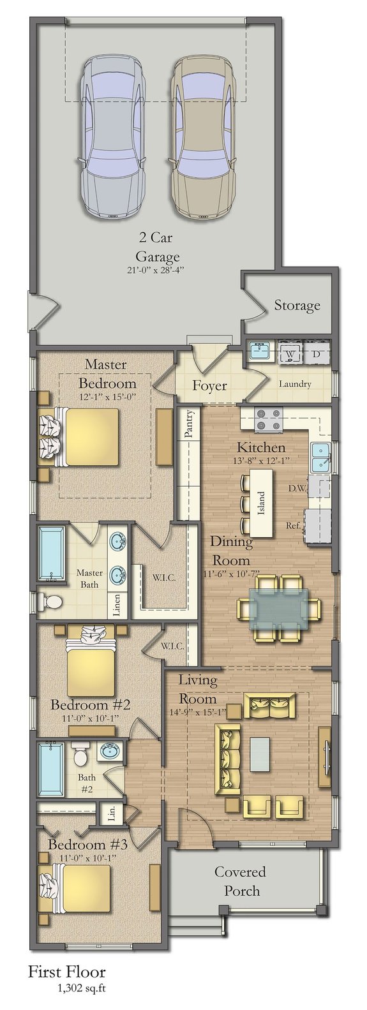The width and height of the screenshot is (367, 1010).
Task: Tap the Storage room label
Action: [297, 306]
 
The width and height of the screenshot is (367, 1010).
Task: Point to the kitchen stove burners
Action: [269, 419]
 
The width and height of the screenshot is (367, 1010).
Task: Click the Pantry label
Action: [189, 425]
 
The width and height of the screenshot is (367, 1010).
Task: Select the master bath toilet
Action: [49, 600]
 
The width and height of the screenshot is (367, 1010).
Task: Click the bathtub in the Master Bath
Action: [51, 553]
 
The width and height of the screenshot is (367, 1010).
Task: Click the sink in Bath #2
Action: [110, 750]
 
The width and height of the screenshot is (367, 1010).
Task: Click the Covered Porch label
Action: [240, 880]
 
